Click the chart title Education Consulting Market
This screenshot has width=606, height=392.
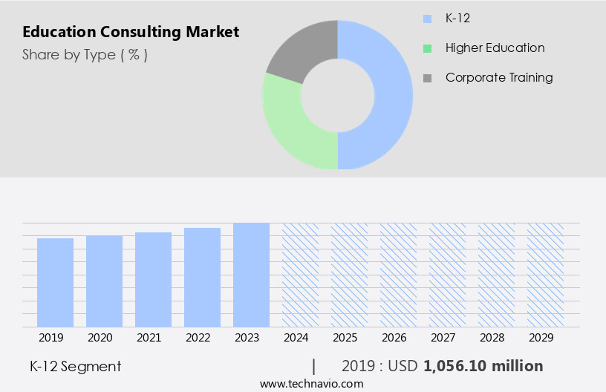131,33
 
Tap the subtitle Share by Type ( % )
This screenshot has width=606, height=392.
85,54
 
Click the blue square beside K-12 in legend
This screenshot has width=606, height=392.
427,19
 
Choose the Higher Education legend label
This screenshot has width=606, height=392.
495,48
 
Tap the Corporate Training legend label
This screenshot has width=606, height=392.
499,77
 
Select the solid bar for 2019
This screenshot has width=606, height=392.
56,282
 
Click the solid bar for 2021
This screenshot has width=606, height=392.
154,279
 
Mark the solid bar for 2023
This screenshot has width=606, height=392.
251,275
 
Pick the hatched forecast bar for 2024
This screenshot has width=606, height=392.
300,275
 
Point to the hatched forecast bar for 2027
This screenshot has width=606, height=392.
447,275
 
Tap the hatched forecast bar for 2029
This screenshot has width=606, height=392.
545,275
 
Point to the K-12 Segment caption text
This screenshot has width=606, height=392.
75,366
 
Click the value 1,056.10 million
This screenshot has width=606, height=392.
483,366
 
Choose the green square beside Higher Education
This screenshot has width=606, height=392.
427,48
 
